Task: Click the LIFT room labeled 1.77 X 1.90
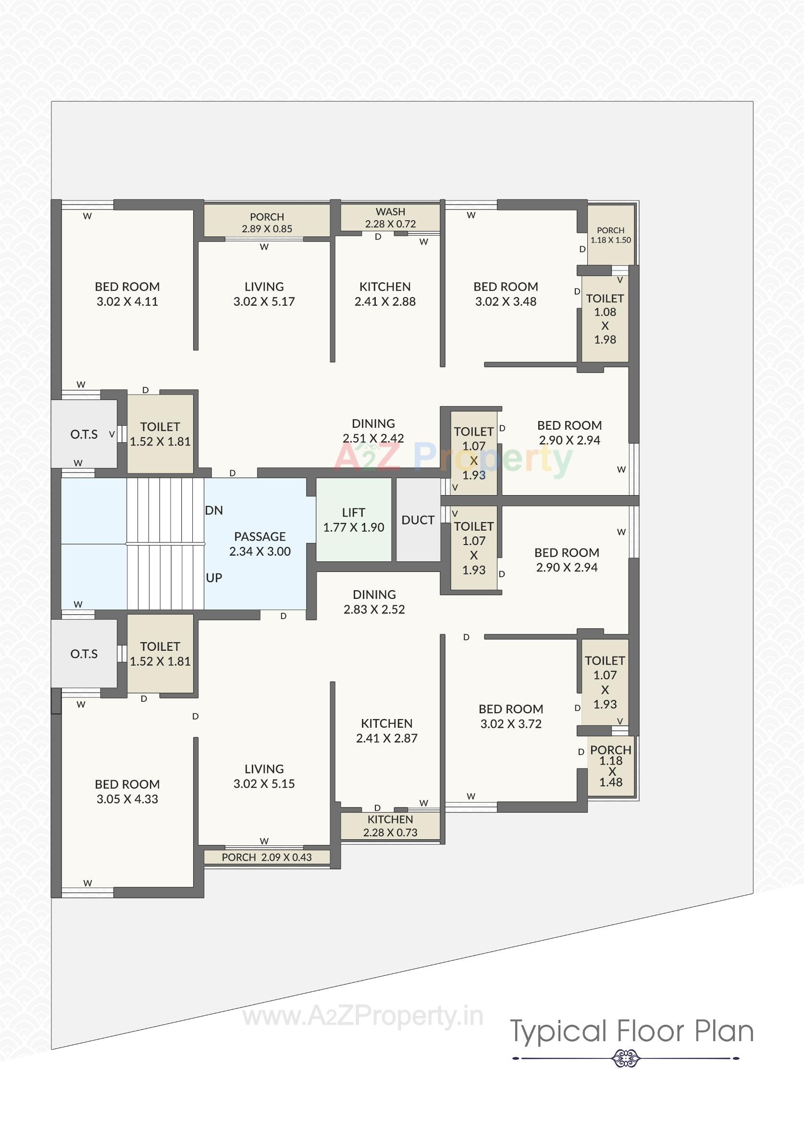[x=353, y=520]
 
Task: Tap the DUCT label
[x=418, y=520]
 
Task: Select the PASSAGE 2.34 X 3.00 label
[x=260, y=544]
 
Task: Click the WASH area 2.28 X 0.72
[x=390, y=218]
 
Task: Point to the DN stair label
[x=213, y=510]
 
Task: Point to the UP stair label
[x=213, y=578]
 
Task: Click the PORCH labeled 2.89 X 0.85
[x=267, y=223]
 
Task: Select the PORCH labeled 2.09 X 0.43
[x=266, y=857]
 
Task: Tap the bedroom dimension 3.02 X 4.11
[x=127, y=301]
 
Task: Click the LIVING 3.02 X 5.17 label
[x=264, y=294]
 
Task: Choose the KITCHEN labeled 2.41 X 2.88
[x=385, y=294]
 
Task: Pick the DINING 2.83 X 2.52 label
[x=374, y=602]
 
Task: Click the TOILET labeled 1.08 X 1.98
[x=605, y=319]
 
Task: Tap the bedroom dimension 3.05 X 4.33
[x=127, y=799]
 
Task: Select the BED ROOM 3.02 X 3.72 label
[x=511, y=716]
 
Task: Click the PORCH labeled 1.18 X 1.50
[x=610, y=235]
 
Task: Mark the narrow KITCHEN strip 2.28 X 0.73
[x=390, y=826]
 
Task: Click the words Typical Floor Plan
[x=631, y=1031]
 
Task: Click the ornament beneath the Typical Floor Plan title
[x=626, y=1058]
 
